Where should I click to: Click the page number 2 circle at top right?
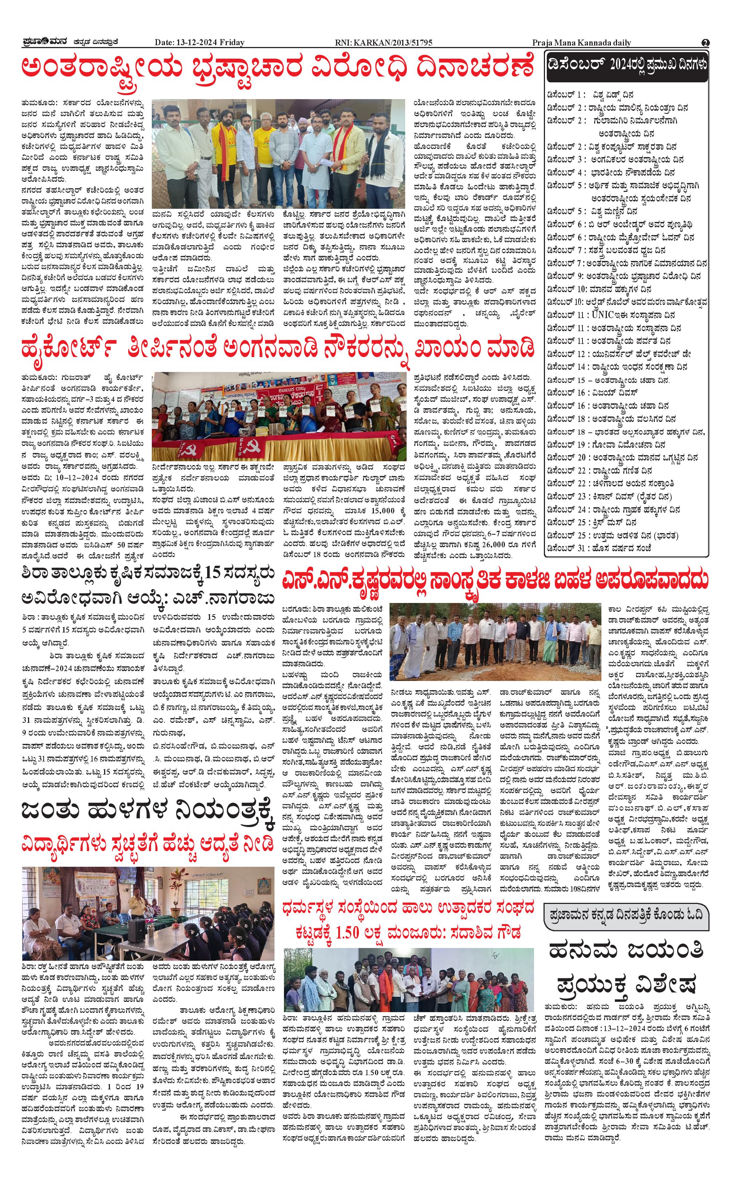click(x=706, y=43)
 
